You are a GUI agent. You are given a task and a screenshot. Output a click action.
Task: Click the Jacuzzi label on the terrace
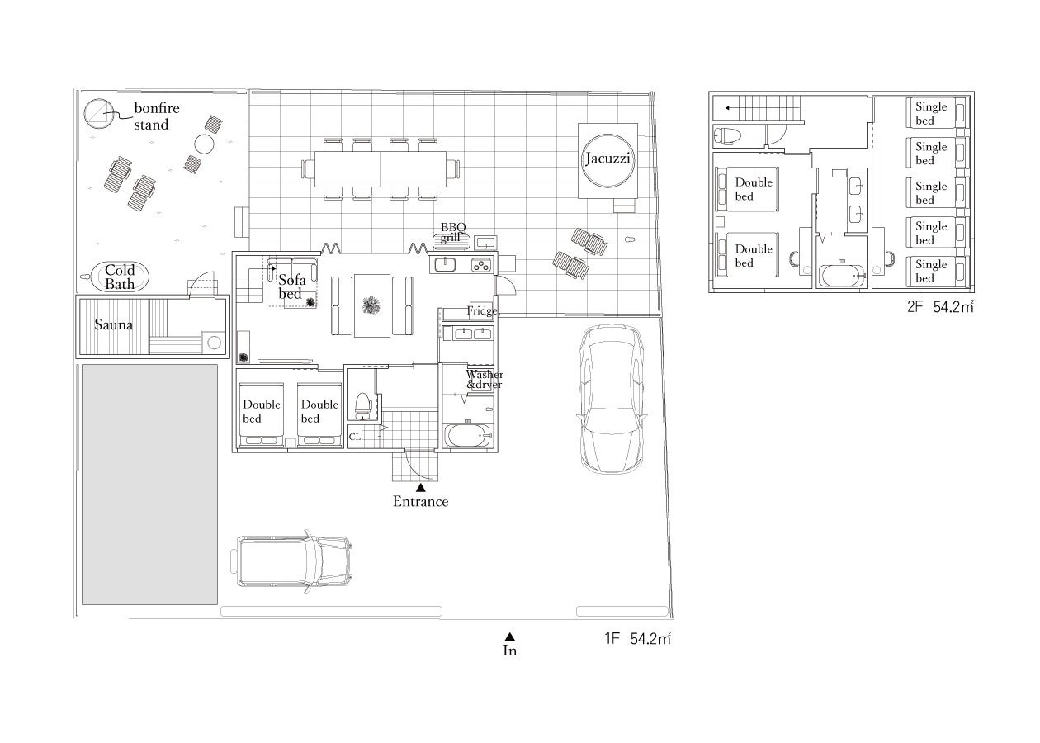coord(607,159)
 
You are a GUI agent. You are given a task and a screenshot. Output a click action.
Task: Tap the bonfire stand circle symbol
coord(98,113)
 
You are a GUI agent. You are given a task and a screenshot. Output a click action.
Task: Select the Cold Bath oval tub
coord(120,277)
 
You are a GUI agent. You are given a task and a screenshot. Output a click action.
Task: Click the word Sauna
coord(113,324)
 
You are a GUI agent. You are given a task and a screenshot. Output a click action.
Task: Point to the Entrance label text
coord(421,502)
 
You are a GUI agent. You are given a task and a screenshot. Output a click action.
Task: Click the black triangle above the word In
coord(510,637)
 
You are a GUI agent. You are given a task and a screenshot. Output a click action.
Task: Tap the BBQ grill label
coord(452,232)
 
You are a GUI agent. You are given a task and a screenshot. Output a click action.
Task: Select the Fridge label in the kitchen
coord(482,310)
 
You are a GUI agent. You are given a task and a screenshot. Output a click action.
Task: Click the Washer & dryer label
coord(485,380)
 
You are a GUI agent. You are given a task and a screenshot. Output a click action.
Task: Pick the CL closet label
coord(354,437)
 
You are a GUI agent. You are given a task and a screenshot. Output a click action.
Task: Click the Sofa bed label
coord(291,286)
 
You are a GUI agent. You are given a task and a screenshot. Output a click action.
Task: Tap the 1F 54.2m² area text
coord(637,638)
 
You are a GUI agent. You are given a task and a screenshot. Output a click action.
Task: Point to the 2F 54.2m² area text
coord(940,306)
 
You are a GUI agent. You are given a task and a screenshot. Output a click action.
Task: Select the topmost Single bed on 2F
coord(937,113)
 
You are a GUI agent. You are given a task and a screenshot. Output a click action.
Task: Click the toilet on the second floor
coord(727,135)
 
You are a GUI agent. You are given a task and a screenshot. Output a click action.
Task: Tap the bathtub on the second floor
coord(842,276)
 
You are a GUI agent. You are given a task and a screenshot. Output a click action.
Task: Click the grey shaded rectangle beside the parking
coord(149,485)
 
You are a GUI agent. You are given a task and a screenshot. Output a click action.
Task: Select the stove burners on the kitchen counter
coord(481,265)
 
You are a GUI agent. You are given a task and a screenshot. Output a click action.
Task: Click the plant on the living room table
coord(371,305)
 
